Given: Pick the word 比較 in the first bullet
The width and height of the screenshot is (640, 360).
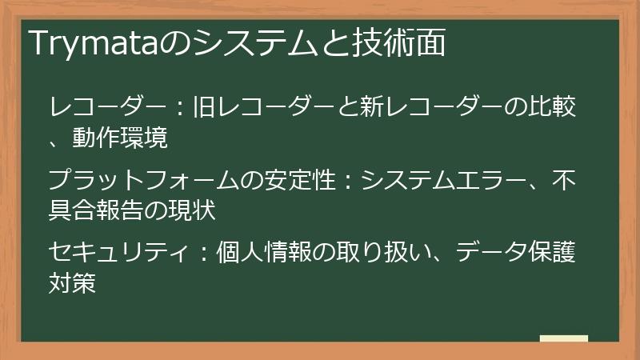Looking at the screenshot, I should click(x=555, y=106).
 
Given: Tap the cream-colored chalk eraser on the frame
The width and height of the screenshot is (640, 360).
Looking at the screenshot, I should click(x=563, y=339).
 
